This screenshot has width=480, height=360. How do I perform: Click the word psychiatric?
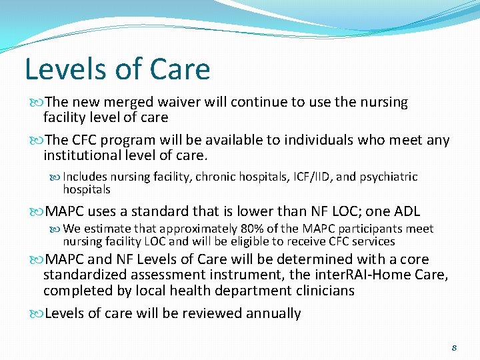click(x=390, y=177)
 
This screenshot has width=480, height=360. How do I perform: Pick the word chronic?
click(x=227, y=177)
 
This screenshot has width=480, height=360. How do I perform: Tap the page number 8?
click(x=454, y=347)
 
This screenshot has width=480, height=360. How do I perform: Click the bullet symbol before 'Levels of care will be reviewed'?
click(x=37, y=313)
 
